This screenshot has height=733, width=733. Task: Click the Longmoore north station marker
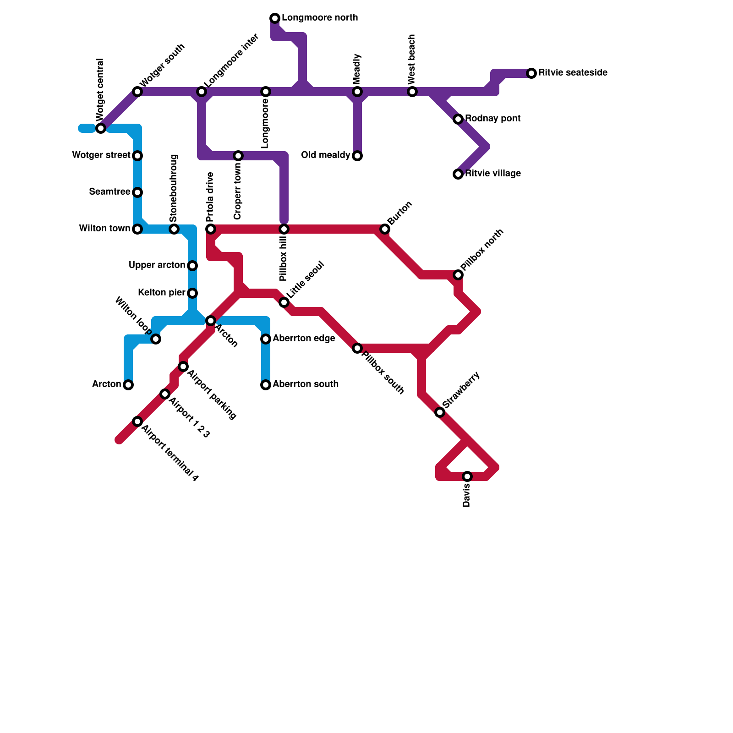tap(275, 18)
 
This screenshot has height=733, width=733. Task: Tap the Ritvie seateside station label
tap(573, 73)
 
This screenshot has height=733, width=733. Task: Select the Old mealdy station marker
tap(357, 156)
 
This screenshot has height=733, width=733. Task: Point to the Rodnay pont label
tap(492, 119)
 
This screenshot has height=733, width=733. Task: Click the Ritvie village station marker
tap(458, 174)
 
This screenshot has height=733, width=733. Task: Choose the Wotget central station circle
tap(101, 128)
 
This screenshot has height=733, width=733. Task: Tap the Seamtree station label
tap(109, 191)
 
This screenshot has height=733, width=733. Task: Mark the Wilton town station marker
tap(137, 229)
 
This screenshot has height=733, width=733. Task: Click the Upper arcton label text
tap(157, 265)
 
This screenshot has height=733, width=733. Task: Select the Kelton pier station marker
tap(192, 293)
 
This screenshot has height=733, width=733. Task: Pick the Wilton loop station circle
tap(156, 339)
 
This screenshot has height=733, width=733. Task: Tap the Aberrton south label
tap(306, 384)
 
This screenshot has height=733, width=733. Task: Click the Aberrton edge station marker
tap(266, 339)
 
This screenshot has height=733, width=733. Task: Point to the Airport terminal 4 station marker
tap(137, 421)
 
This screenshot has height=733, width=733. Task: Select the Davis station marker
tap(467, 476)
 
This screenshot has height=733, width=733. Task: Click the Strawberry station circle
tap(440, 412)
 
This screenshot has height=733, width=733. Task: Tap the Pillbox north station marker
tap(458, 275)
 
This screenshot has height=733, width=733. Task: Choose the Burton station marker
tap(385, 229)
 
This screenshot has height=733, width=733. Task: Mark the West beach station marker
tap(412, 92)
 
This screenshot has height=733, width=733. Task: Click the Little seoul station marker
tap(284, 302)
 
